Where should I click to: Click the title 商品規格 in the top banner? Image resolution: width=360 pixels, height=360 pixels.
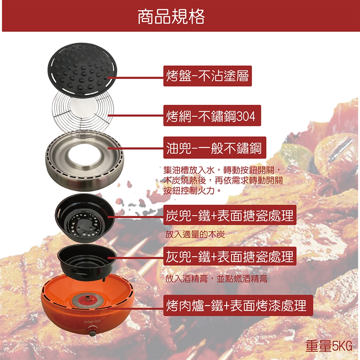tap(171, 16)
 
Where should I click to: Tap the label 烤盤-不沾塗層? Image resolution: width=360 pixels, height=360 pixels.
tap(207, 76)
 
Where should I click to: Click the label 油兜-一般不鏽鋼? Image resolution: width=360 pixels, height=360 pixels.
tap(214, 148)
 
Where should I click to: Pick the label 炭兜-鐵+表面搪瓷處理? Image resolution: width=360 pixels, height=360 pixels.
tap(229, 216)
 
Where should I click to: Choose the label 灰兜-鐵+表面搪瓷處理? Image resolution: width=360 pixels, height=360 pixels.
tap(229, 256)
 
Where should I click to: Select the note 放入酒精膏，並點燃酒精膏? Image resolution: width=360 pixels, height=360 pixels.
tap(216, 279)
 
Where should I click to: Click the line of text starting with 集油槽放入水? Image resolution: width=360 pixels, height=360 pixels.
tap(222, 171)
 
